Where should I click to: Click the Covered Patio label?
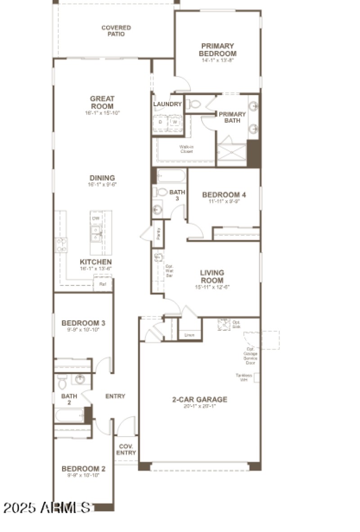pyautogui.click(x=116, y=31)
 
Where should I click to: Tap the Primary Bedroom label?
pyautogui.click(x=217, y=50)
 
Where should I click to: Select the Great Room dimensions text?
pyautogui.click(x=102, y=113)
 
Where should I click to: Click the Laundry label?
pyautogui.click(x=167, y=104)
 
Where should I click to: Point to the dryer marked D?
pyautogui.click(x=160, y=122)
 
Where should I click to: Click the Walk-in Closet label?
pyautogui.click(x=186, y=149)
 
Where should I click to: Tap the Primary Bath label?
pyautogui.click(x=232, y=117)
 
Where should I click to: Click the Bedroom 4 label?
pyautogui.click(x=224, y=195)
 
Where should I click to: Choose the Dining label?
pyautogui.click(x=102, y=178)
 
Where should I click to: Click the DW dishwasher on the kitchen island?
pyautogui.click(x=96, y=218)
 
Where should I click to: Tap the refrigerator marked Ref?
pyautogui.click(x=103, y=284)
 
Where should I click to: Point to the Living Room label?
pyautogui.click(x=212, y=276)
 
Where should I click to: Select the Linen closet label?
pyautogui.click(x=189, y=335)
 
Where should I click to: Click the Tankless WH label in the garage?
pyautogui.click(x=244, y=377)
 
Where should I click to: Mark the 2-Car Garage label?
pyautogui.click(x=200, y=399)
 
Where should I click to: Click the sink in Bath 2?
pyautogui.click(x=80, y=379)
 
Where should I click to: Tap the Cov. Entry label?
pyautogui.click(x=126, y=450)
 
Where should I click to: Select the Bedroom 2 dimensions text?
pyautogui.click(x=83, y=475)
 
